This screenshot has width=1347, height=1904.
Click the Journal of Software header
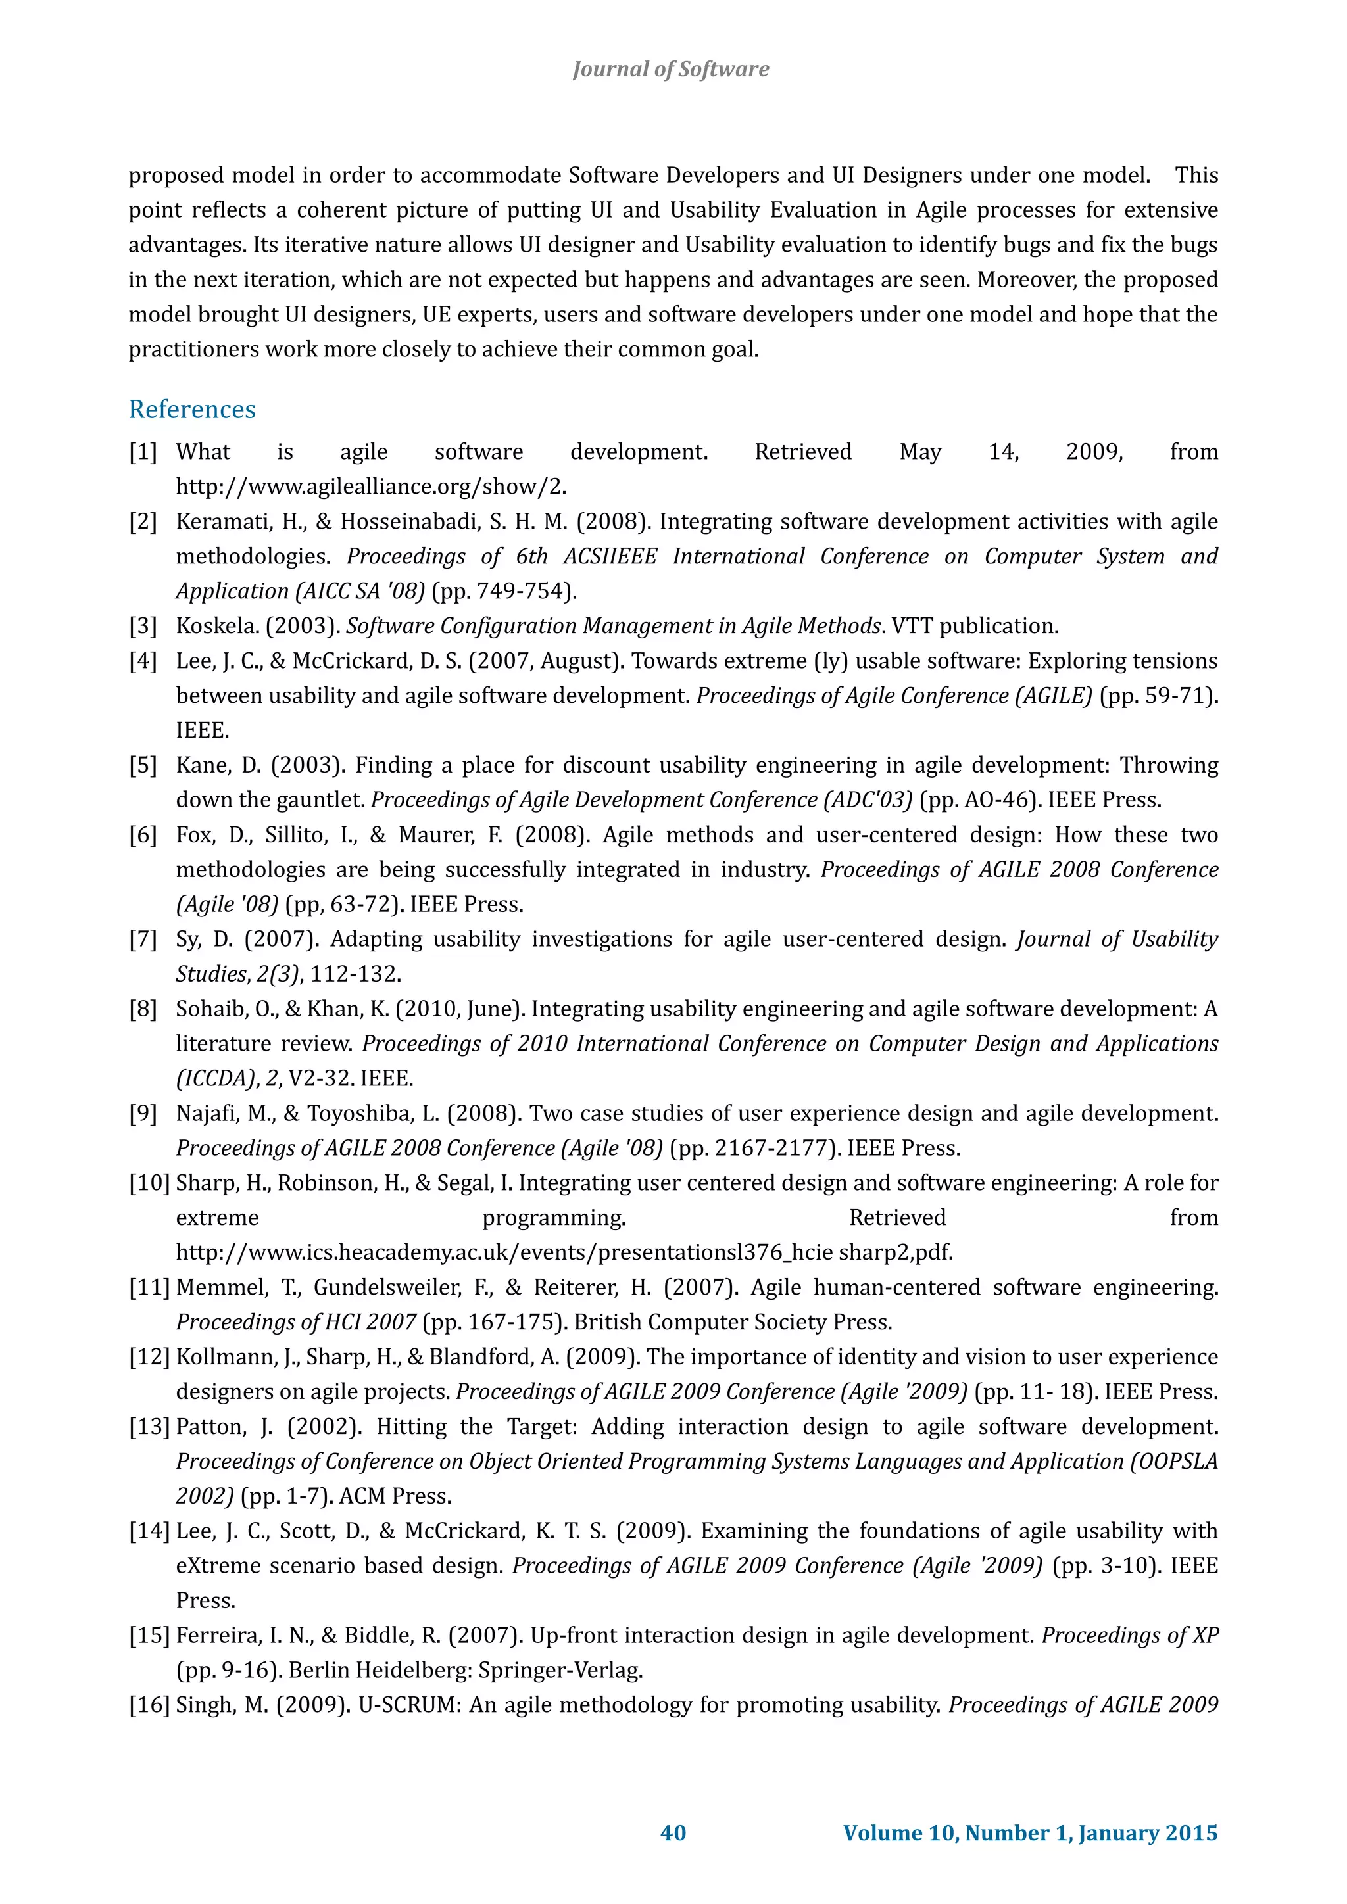coord(670,69)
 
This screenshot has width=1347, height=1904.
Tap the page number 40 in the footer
coord(673,1832)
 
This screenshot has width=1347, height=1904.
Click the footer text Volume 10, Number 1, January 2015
coord(1030,1832)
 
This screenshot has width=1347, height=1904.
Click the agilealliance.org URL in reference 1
coord(371,487)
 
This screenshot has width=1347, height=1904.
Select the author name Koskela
coord(214,626)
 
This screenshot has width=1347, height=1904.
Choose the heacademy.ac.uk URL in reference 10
coord(564,1253)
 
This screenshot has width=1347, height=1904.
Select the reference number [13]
coord(149,1427)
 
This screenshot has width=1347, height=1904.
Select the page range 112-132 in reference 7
coord(356,974)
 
